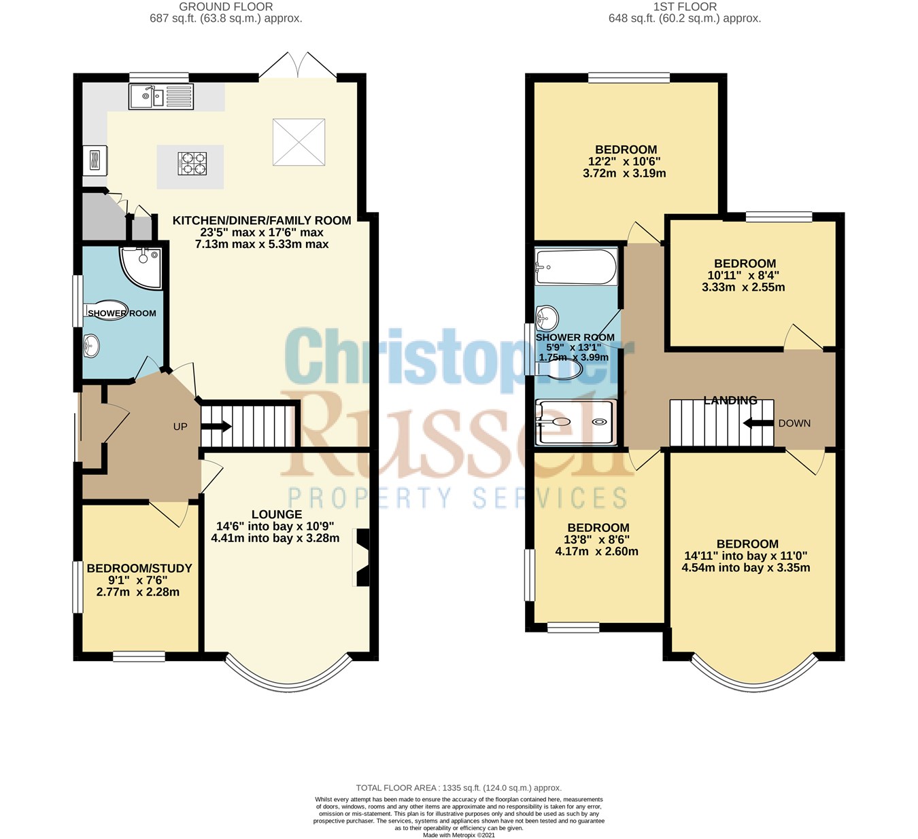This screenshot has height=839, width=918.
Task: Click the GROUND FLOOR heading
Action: [226, 7]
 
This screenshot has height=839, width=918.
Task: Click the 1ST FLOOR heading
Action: [685, 7]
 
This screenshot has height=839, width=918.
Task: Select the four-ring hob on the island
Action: [192, 164]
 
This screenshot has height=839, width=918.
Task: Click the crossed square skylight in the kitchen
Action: [299, 142]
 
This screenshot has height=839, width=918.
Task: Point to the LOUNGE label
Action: [276, 514]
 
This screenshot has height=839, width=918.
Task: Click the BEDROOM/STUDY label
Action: [139, 568]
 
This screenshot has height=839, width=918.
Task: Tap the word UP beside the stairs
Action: [180, 427]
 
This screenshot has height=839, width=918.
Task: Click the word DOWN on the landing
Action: [794, 423]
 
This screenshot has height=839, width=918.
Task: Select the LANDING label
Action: [730, 400]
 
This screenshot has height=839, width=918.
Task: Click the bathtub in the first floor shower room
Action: [576, 266]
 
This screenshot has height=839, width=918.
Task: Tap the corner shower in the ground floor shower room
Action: [141, 266]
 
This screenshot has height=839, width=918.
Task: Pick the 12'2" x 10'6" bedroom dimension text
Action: [626, 162]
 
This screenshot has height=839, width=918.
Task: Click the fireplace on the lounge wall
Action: [362, 557]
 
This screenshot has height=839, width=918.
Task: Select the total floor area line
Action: [459, 788]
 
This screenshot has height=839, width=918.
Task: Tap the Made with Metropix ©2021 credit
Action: [459, 835]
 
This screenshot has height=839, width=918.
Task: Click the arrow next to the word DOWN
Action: [756, 423]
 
